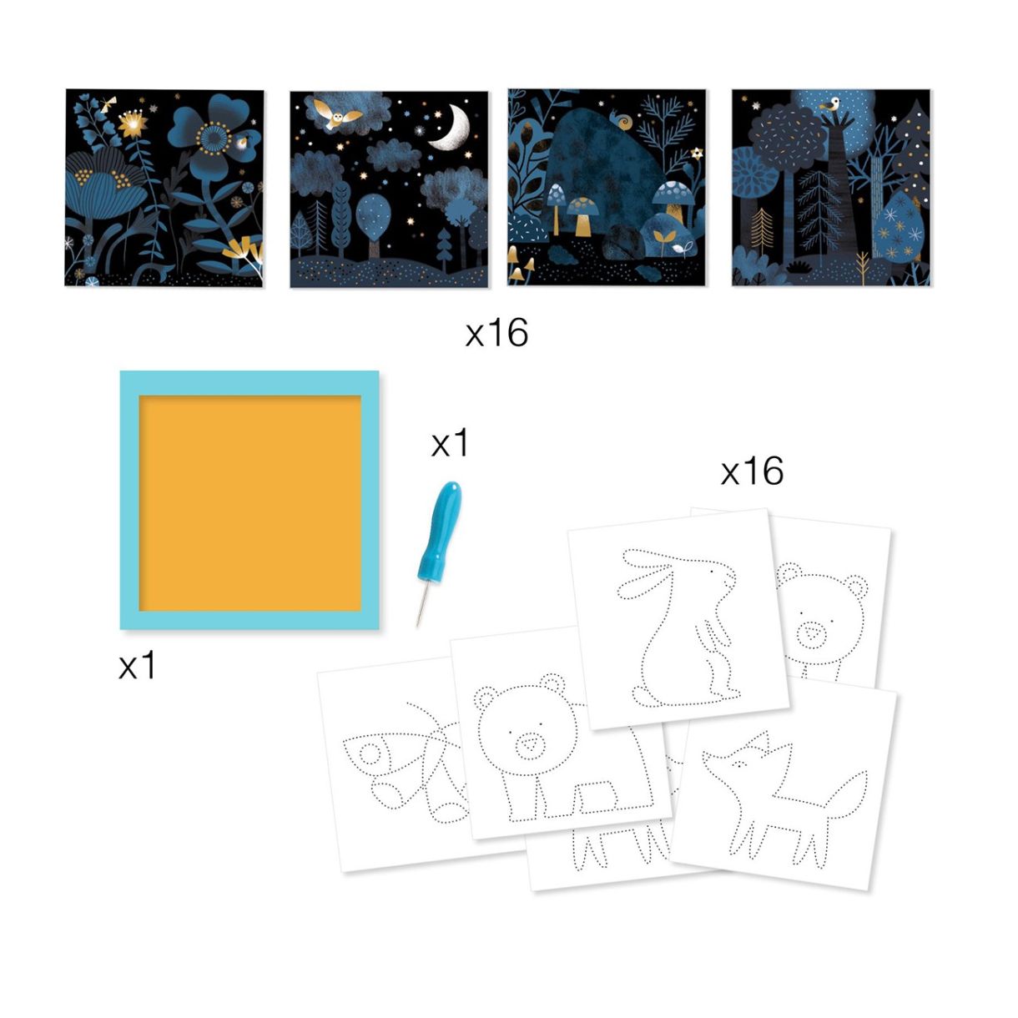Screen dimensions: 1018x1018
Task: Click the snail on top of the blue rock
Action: (x=622, y=120)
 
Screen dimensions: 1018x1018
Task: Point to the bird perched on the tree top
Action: (x=829, y=104)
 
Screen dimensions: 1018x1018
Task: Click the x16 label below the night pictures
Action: (x=496, y=333)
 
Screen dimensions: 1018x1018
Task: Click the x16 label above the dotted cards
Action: (x=752, y=471)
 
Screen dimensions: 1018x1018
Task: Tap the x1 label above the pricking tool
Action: (x=450, y=443)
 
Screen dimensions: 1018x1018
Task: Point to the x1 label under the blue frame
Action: (x=137, y=664)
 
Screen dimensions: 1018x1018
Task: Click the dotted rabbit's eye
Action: (x=711, y=572)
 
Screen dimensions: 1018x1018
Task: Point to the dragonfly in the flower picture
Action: (x=108, y=104)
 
